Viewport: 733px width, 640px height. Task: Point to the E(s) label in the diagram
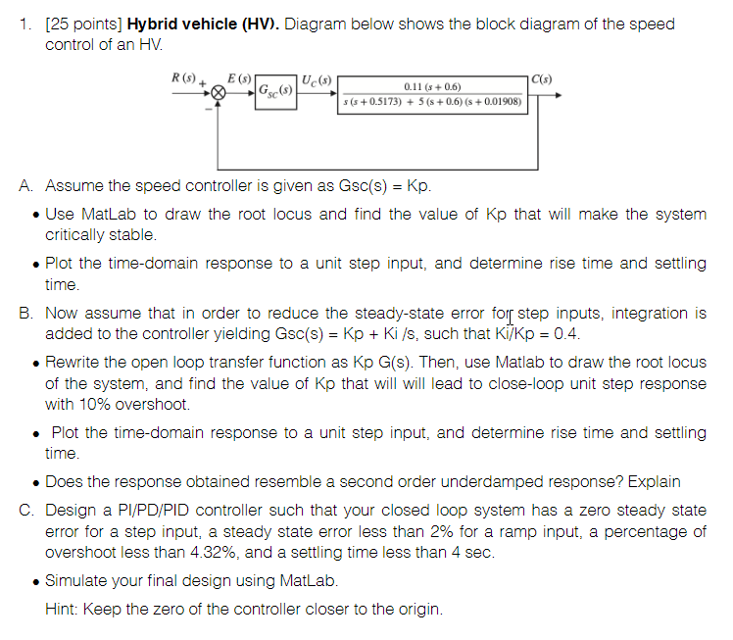tap(238, 77)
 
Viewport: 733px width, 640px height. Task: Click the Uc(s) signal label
tap(316, 78)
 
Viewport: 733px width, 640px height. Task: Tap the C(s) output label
tap(540, 78)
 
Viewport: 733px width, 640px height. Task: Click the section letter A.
tap(25, 186)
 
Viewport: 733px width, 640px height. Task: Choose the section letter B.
tap(25, 314)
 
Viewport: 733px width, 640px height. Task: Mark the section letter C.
tap(25, 511)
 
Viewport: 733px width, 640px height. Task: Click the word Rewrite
tap(73, 363)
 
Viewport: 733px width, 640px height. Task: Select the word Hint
tap(61, 609)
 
